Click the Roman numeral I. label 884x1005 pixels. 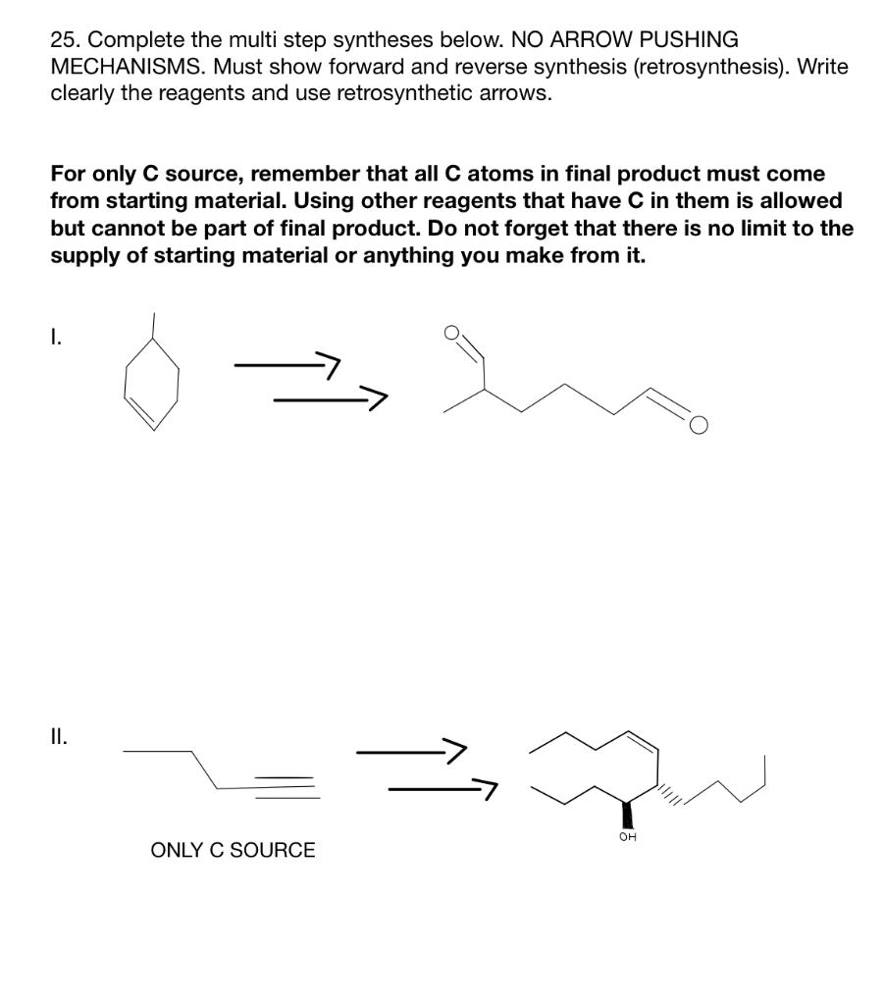tap(56, 339)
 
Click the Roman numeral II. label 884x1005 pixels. tap(59, 736)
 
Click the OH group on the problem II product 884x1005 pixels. tap(627, 837)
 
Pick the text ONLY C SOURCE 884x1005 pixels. tap(233, 850)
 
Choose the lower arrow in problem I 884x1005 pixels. tap(329, 398)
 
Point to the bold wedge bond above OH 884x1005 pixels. tap(625, 813)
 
